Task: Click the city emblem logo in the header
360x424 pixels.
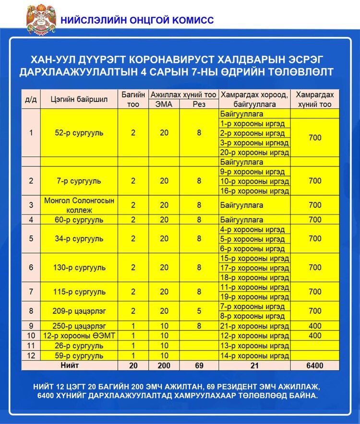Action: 40,19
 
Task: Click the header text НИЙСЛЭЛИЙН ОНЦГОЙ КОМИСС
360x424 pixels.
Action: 137,20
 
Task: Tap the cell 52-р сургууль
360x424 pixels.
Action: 79,133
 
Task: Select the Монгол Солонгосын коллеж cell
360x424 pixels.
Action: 79,205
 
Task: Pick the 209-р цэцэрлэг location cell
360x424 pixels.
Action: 79,311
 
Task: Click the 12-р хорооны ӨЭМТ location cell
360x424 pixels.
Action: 79,336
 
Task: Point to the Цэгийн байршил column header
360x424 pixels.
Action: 79,99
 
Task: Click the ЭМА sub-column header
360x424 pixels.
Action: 164,104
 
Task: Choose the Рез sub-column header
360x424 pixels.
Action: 199,104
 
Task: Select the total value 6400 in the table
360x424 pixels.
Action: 315,365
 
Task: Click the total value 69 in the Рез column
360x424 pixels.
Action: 199,365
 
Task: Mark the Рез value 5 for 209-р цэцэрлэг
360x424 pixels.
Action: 199,311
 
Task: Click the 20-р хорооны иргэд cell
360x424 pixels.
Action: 255,153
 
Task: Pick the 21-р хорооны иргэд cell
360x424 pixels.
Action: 255,326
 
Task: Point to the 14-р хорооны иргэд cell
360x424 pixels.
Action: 255,355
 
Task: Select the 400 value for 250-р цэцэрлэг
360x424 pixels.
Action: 315,326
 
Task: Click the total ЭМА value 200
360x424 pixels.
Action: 164,365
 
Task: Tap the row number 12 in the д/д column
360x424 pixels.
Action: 31,355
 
